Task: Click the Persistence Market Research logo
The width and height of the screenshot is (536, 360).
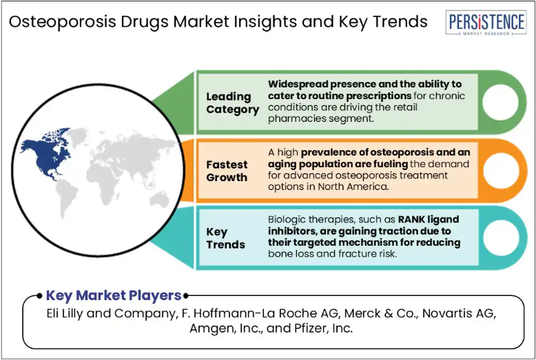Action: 486,23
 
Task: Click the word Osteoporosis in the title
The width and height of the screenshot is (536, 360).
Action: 63,22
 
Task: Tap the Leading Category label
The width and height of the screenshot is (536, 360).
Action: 232,103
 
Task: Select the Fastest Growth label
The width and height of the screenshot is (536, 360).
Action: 227,171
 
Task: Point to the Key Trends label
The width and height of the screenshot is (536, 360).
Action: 225,238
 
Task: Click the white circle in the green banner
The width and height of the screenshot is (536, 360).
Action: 500,103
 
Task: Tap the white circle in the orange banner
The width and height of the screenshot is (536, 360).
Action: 501,171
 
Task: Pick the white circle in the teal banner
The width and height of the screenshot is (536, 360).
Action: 501,237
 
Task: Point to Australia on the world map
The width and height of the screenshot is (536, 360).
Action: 159,199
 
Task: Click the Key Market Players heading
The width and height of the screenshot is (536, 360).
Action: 114,295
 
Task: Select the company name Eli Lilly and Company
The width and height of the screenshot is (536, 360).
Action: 110,313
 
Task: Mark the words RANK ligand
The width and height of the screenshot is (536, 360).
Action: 429,220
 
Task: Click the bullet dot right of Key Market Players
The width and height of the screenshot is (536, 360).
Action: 185,296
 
